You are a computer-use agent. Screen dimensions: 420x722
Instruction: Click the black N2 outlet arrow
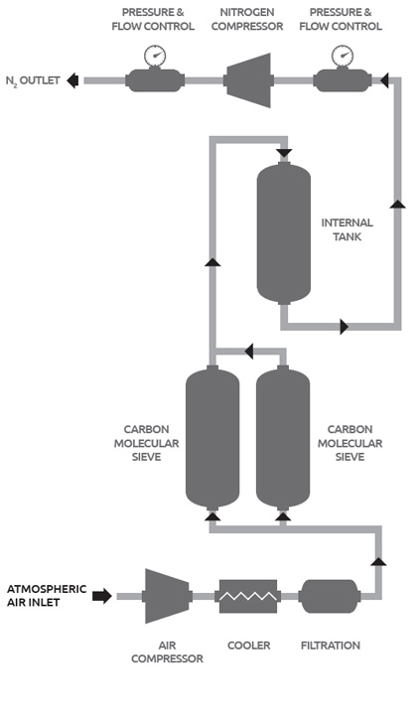click(x=72, y=80)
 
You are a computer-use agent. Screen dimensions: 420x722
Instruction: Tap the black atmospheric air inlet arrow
click(x=102, y=596)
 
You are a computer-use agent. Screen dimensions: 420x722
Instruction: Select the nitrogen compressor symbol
click(x=248, y=80)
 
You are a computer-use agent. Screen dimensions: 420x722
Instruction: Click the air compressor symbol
click(x=167, y=596)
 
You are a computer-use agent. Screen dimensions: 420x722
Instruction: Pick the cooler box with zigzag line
click(x=248, y=596)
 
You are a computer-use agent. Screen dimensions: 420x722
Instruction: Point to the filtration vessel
click(x=330, y=596)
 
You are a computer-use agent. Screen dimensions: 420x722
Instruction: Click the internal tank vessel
click(x=284, y=232)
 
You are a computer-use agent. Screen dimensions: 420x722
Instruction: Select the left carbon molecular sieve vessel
click(x=212, y=437)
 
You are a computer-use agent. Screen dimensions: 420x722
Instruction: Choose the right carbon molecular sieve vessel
click(x=283, y=437)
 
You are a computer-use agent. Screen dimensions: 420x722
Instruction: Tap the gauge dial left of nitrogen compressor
click(x=155, y=56)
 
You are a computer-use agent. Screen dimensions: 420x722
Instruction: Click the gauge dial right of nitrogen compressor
click(x=343, y=56)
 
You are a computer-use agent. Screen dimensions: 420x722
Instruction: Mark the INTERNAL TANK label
click(x=348, y=229)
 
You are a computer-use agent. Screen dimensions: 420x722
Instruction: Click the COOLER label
click(x=248, y=646)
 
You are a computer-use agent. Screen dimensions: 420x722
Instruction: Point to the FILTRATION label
click(x=331, y=646)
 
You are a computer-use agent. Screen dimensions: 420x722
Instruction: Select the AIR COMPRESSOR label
click(x=167, y=652)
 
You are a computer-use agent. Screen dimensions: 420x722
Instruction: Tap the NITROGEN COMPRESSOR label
click(x=247, y=19)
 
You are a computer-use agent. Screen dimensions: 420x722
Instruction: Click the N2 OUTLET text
click(x=33, y=80)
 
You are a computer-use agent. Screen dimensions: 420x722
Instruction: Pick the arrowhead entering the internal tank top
click(x=284, y=153)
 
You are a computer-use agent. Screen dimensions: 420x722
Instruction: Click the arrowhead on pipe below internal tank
click(x=344, y=327)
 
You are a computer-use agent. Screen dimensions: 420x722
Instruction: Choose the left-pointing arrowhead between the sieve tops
click(x=248, y=352)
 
